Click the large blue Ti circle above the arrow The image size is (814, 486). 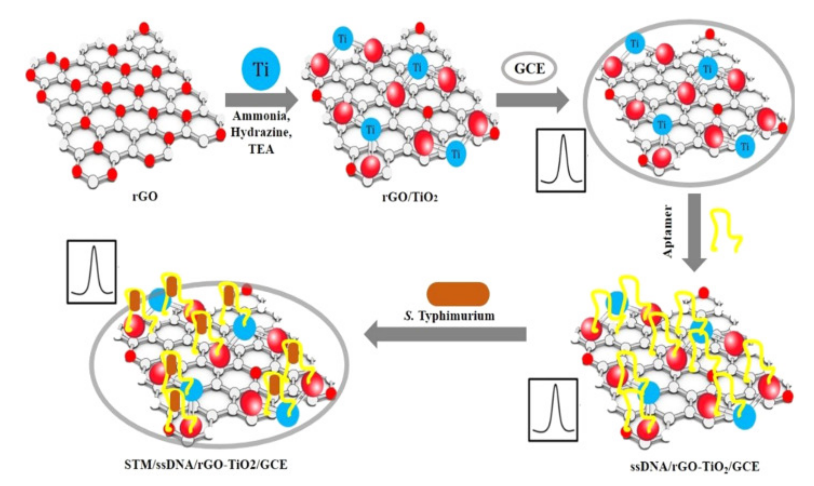click(x=261, y=69)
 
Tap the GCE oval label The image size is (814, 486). click(x=529, y=69)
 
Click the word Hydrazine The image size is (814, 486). click(x=261, y=134)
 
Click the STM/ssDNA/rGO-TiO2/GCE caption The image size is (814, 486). click(x=206, y=465)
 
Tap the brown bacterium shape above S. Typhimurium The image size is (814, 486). click(x=458, y=294)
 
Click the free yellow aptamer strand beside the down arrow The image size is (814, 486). click(x=725, y=234)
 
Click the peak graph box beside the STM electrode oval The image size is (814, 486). click(x=91, y=272)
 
